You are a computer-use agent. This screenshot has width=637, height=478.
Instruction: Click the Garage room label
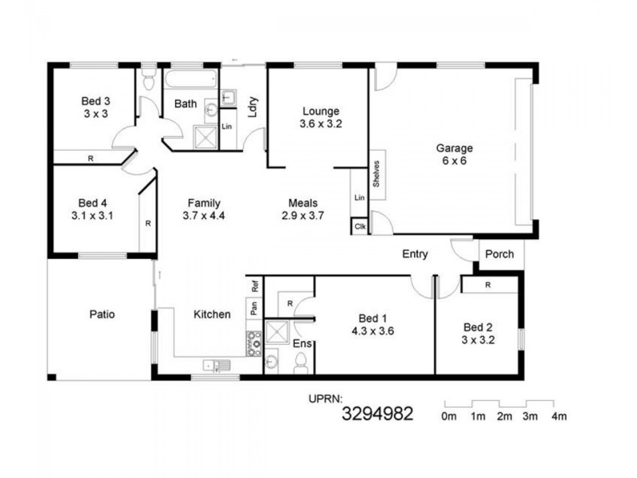(454, 148)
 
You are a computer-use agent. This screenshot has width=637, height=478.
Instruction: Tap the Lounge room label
(320, 112)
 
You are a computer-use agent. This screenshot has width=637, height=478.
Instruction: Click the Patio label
(102, 314)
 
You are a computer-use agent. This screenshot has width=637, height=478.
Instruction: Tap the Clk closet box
(360, 226)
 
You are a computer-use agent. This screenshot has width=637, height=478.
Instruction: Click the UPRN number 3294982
(377, 413)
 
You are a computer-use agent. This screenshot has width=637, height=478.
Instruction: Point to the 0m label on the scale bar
(449, 416)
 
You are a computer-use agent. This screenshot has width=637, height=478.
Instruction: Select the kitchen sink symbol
(215, 366)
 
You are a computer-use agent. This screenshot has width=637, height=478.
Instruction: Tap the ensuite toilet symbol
(301, 363)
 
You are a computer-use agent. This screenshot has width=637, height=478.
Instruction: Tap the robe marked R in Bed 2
(487, 284)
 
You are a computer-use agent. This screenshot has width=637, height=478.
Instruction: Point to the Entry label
(415, 255)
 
